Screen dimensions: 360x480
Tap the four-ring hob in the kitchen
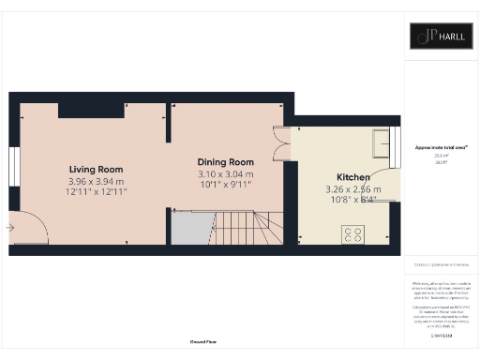click(354, 234)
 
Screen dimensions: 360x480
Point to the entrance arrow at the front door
click(10, 227)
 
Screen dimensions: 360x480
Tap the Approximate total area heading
click(441, 147)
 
